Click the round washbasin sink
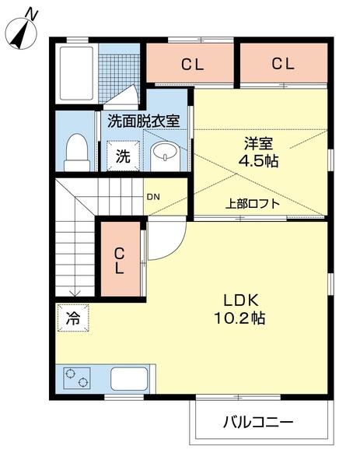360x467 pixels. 165,153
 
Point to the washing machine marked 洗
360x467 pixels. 124,155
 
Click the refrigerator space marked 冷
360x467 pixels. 72,318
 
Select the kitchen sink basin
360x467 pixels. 133,379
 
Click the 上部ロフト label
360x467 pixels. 253,204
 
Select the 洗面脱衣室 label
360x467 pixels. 144,121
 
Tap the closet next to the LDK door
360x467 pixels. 121,259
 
